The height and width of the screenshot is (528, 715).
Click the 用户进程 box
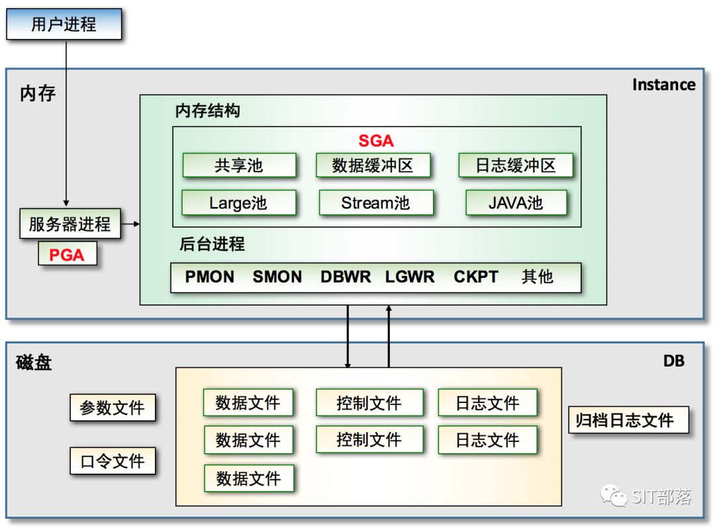(x=64, y=24)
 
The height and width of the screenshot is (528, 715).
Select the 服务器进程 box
(x=70, y=224)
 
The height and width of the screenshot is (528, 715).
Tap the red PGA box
(x=67, y=254)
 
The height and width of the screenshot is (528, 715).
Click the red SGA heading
(x=376, y=140)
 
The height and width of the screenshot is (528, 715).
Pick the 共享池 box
(x=238, y=165)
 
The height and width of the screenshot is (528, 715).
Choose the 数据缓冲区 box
(x=373, y=165)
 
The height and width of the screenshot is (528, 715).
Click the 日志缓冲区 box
(x=515, y=165)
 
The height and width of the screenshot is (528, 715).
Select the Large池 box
(x=238, y=202)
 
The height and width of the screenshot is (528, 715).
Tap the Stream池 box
(x=375, y=202)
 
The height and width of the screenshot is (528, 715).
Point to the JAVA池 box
(x=516, y=202)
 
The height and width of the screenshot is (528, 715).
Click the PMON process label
(x=210, y=277)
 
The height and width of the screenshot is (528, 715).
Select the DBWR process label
(x=346, y=277)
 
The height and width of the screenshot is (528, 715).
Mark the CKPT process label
(x=476, y=277)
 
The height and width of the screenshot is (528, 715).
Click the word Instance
(x=663, y=85)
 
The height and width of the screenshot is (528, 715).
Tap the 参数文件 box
(x=113, y=408)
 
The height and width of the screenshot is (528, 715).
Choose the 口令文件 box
(x=113, y=461)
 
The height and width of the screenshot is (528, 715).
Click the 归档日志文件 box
(x=628, y=420)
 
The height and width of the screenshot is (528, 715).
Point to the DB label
(x=674, y=361)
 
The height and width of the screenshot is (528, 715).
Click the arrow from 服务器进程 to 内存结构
(x=131, y=224)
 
